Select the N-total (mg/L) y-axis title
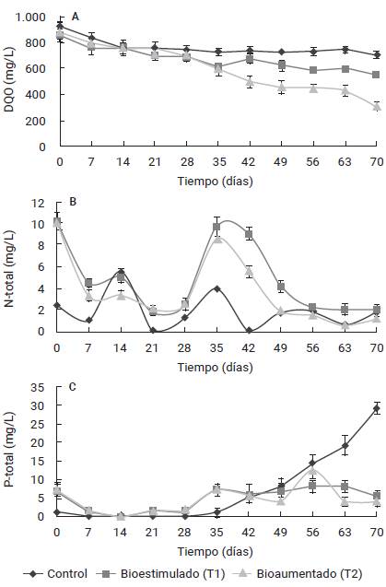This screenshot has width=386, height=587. tap(11, 266)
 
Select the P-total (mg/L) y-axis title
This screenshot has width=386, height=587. tap(11, 452)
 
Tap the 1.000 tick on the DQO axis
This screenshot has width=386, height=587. tap(29, 18)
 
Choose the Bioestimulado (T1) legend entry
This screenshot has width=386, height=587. tap(157, 572)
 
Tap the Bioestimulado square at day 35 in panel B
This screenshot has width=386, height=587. tap(217, 227)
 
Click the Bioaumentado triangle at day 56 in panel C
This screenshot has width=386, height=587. tap(312, 471)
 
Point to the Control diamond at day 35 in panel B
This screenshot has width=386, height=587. tap(217, 288)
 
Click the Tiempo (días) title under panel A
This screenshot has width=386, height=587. tap(217, 182)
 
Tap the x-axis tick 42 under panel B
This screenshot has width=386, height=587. tap(249, 346)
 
